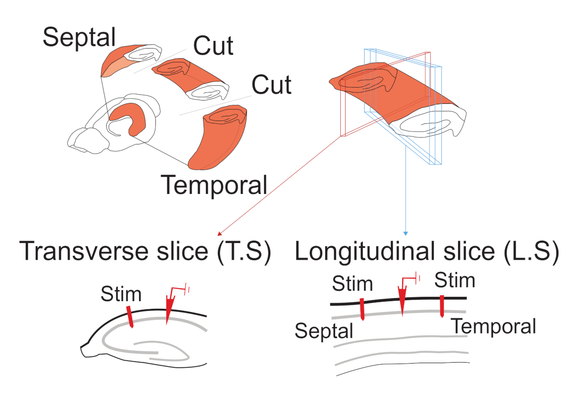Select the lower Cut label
click(272, 85)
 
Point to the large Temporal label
click(214, 184)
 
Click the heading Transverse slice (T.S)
click(145, 252)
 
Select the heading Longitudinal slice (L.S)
click(427, 252)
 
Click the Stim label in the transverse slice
click(121, 294)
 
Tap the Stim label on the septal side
click(352, 284)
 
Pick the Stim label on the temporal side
click(455, 281)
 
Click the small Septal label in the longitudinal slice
click(324, 330)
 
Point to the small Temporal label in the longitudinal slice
click(494, 327)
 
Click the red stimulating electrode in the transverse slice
click(130, 317)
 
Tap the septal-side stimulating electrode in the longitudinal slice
click(362, 309)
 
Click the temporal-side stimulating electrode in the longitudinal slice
click(442, 306)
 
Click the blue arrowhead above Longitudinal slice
click(406, 233)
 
